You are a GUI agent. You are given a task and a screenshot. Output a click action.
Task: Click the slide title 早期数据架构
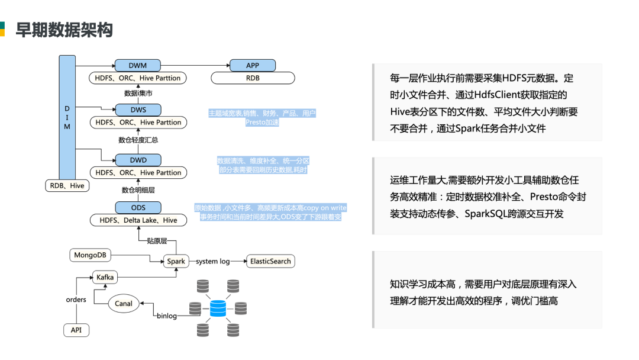[64, 30]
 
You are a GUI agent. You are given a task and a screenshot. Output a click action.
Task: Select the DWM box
[138, 65]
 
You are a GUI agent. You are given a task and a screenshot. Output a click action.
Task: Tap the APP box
[253, 65]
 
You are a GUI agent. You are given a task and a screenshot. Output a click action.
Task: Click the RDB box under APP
[253, 78]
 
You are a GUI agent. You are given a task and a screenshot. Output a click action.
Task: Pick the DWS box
[138, 110]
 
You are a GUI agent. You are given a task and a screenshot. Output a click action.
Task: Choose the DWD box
[138, 160]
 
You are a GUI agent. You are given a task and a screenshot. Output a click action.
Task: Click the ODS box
[138, 207]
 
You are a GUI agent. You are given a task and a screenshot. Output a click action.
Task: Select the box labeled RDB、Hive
[67, 186]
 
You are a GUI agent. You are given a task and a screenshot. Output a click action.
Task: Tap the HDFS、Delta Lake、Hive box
[137, 220]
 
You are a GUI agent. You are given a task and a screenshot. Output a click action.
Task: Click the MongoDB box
[90, 255]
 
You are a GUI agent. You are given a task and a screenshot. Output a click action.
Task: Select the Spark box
[176, 261]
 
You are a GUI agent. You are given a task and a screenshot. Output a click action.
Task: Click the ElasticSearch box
[270, 261]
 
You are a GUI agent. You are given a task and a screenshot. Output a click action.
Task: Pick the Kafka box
[105, 277]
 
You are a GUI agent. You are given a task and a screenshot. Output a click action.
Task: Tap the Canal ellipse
[124, 304]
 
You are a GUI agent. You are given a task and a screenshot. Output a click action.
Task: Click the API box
[76, 330]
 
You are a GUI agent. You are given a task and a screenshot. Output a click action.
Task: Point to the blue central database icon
[218, 308]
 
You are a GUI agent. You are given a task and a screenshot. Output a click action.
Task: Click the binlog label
[166, 316]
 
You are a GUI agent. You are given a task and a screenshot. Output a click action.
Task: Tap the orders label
[76, 300]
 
